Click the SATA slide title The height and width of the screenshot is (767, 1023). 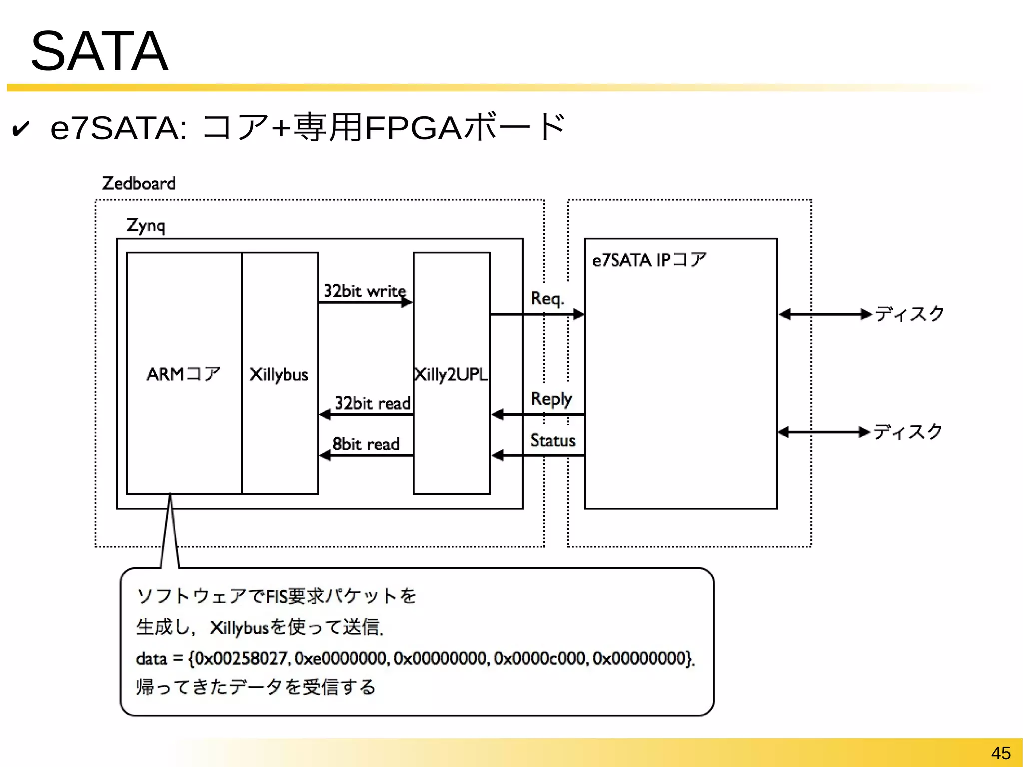(99, 51)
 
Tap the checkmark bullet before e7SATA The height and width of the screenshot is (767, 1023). (21, 129)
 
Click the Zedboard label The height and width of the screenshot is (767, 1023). (139, 183)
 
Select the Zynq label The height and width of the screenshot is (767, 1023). (145, 225)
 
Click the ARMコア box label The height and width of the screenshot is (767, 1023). (183, 374)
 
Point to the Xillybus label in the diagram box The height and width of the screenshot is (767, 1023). (279, 374)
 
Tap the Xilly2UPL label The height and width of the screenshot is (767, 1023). (451, 374)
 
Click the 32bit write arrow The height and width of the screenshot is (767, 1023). (365, 302)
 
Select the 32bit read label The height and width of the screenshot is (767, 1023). (372, 403)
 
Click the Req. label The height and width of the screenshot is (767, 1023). (547, 298)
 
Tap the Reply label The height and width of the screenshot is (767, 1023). (551, 399)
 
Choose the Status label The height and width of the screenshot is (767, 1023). (552, 440)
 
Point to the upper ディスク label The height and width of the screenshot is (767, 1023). (909, 314)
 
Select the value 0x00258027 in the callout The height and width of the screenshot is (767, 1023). (241, 658)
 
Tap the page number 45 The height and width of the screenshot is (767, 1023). (1000, 753)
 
